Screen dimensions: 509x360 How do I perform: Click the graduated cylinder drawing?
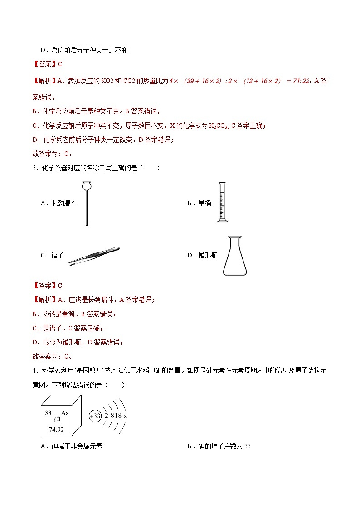tap(222, 202)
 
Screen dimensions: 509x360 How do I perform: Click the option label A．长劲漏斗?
tap(58, 204)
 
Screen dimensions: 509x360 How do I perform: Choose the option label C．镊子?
tap(52, 256)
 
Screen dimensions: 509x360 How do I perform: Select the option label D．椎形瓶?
tap(202, 256)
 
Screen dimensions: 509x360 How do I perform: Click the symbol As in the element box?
tap(65, 413)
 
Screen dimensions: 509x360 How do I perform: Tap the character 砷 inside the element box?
tap(57, 419)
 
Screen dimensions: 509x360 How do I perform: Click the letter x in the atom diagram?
tap(125, 416)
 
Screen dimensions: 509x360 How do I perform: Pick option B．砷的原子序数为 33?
tap(219, 446)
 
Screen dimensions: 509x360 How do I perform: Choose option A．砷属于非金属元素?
tap(71, 446)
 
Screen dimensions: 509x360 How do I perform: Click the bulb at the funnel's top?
tap(86, 186)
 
